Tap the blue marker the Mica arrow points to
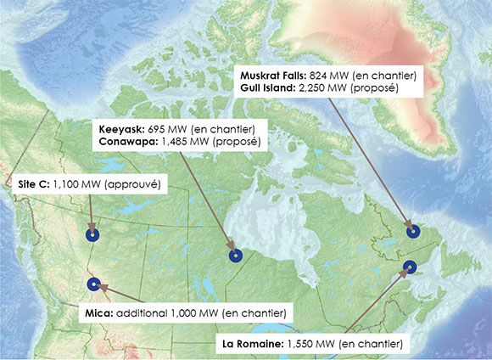pos(93,284)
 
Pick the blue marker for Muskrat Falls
pos(413,230)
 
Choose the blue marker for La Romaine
pos(410,267)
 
